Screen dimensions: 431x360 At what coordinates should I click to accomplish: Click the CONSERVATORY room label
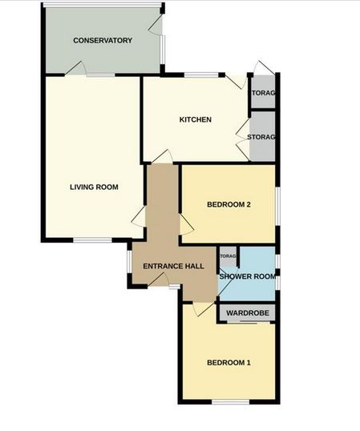pyautogui.click(x=102, y=40)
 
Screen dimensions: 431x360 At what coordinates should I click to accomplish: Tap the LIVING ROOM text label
pyautogui.click(x=94, y=187)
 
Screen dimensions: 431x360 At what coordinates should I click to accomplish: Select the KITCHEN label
pyautogui.click(x=195, y=120)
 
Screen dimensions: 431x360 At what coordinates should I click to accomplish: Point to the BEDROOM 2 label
pyautogui.click(x=229, y=204)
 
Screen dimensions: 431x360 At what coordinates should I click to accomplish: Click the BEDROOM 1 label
pyautogui.click(x=229, y=363)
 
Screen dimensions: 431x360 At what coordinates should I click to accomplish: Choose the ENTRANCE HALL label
pyautogui.click(x=172, y=267)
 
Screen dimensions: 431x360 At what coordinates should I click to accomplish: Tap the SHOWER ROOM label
pyautogui.click(x=247, y=276)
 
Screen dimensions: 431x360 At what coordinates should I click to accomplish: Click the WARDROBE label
pyautogui.click(x=246, y=312)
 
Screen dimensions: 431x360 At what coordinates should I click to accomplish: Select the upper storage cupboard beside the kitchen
pyautogui.click(x=263, y=94)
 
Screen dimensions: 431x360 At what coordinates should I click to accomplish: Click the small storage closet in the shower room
pyautogui.click(x=229, y=256)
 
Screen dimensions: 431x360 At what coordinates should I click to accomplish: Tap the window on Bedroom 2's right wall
pyautogui.click(x=278, y=203)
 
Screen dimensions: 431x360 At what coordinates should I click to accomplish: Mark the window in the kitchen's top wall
pyautogui.click(x=200, y=75)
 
